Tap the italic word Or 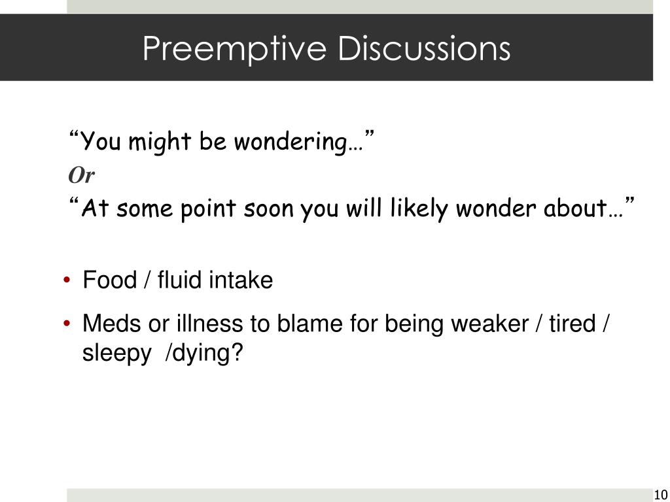click(82, 175)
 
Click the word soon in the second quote click(270, 209)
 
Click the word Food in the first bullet click(109, 280)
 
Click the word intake click(241, 280)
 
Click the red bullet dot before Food click(69, 281)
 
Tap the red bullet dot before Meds click(69, 324)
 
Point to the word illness click(211, 323)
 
